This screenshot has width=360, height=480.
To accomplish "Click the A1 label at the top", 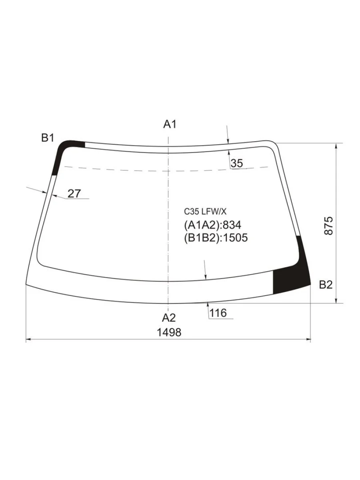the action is point(170,124).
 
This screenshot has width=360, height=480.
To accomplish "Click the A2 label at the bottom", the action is point(169,318).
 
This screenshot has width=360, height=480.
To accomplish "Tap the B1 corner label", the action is point(48,138).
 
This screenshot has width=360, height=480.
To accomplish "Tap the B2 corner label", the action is point(326,285).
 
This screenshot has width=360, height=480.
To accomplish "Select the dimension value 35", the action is point(237,163).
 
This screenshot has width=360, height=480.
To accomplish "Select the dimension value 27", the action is point(74,194).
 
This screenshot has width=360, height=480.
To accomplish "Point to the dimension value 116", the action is point(218,313).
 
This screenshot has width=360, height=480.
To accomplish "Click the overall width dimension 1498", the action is point(169,333).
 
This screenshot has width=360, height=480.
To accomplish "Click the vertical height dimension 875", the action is point(329,226).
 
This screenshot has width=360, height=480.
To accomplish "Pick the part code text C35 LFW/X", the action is point(205,212).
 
